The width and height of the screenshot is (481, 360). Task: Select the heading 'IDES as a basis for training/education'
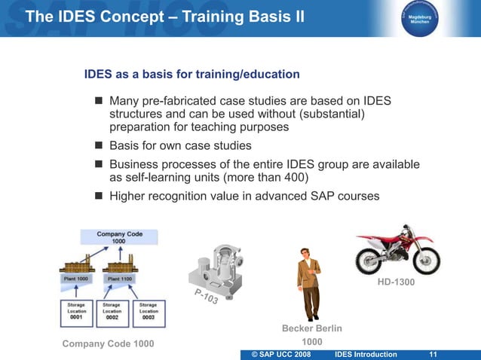click(192, 75)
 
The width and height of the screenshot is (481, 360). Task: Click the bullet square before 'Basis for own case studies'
click(98, 146)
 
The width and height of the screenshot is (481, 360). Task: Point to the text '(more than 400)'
click(259, 178)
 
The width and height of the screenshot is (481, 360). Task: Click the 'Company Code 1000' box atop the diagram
click(119, 236)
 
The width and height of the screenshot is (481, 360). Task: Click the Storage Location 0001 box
click(75, 313)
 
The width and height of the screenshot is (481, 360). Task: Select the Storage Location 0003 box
click(149, 313)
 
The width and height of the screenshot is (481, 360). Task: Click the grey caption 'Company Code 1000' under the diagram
click(108, 344)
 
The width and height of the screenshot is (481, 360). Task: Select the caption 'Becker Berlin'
click(311, 328)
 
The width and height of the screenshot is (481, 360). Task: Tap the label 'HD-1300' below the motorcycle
click(397, 283)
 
